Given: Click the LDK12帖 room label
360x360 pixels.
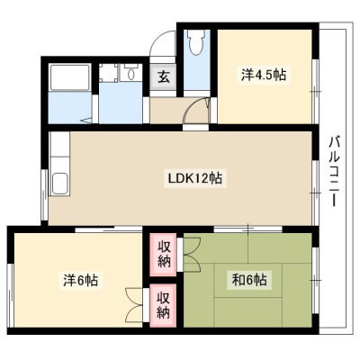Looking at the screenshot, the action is tap(194, 179).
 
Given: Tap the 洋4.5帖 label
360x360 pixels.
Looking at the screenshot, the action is tap(264, 75).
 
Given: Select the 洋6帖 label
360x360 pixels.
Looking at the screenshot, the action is tap(80, 281).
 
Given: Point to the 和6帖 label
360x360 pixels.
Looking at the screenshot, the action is tap(249, 280).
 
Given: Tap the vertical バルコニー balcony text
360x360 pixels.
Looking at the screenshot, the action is tap(334, 171).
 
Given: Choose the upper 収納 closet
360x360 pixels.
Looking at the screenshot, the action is tap(163, 255).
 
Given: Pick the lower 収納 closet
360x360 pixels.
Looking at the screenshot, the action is tap(163, 305).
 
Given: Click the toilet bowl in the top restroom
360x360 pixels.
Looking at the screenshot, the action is tap(196, 42).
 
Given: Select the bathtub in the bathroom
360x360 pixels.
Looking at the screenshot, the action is tap(70, 77).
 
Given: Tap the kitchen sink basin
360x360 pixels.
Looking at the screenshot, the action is tap(59, 184).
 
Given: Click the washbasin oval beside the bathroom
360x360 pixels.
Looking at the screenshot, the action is tap(131, 74).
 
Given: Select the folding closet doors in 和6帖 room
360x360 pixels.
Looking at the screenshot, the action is tap(192, 255).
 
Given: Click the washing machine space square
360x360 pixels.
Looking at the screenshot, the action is tap(108, 73).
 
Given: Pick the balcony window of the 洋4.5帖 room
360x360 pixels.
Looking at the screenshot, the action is tap(315, 91).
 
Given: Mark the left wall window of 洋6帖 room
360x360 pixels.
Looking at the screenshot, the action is tap(11, 295).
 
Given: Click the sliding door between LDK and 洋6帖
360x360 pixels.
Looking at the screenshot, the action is tap(108, 229).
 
